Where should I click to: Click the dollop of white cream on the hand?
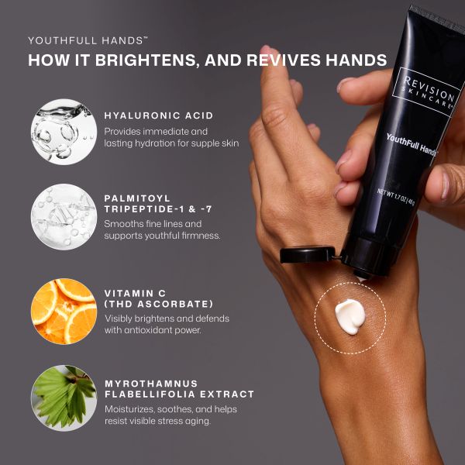(x=350, y=316)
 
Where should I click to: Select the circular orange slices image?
(x=64, y=311)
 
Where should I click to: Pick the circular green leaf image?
(x=64, y=398)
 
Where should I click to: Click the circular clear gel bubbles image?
(x=64, y=132)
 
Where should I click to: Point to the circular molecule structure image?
(x=64, y=217)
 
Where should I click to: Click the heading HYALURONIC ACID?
(x=159, y=115)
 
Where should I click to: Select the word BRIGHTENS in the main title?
(x=147, y=60)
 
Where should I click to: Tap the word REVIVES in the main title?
(x=284, y=60)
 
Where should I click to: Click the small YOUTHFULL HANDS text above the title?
(x=88, y=40)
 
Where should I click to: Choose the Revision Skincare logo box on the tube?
(x=426, y=92)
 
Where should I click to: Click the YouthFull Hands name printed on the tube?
(x=411, y=145)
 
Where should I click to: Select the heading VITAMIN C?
(x=135, y=293)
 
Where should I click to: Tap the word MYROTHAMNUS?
(x=151, y=384)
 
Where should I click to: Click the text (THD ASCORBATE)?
(x=159, y=304)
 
